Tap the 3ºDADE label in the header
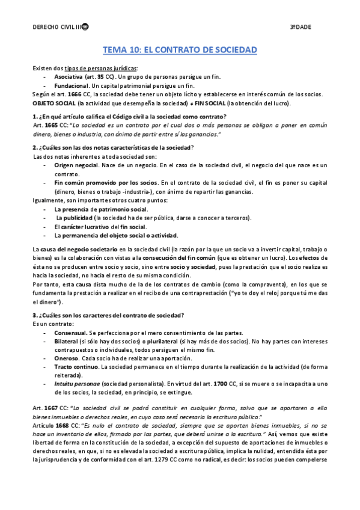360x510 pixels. point(301,28)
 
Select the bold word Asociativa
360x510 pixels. point(69,78)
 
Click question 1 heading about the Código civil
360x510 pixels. point(129,116)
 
